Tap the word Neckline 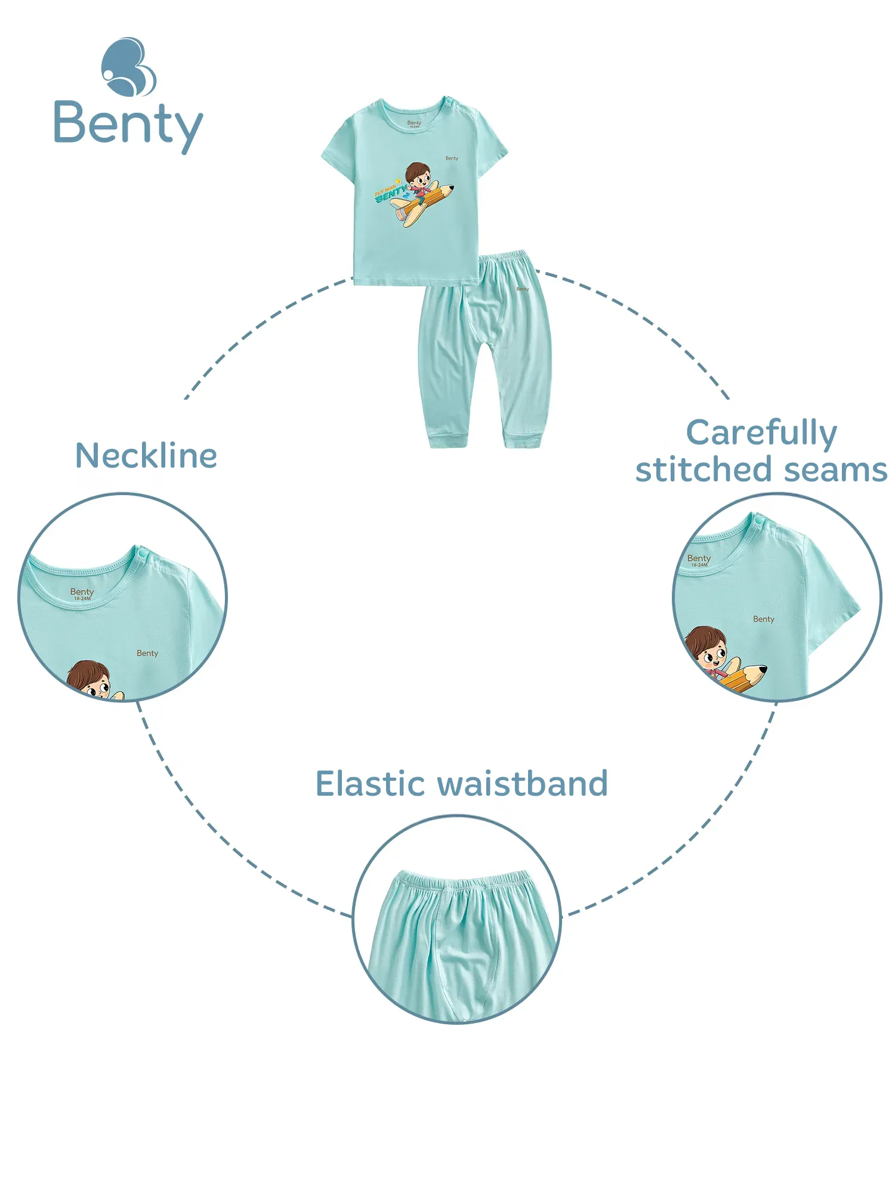tap(146, 456)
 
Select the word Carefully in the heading tap(761, 432)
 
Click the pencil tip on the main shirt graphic tap(450, 188)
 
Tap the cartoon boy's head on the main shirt tap(418, 174)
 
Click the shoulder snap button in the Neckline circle tap(141, 555)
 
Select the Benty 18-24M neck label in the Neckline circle tap(82, 594)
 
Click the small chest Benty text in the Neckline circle tap(147, 653)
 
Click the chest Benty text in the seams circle tap(764, 619)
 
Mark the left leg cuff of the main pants tap(448, 440)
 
